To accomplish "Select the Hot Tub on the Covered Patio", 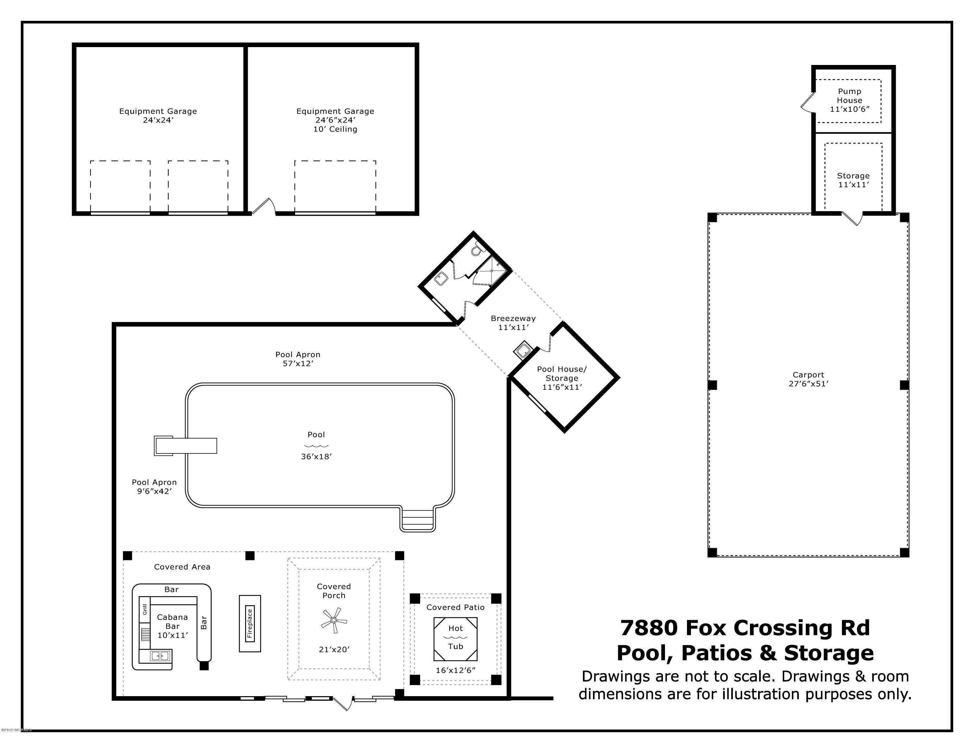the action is click(x=455, y=639).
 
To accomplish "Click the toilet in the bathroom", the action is click(x=477, y=249).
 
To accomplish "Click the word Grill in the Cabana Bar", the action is click(x=145, y=609).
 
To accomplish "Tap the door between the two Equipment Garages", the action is click(x=264, y=207).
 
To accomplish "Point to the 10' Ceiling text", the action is click(x=335, y=129).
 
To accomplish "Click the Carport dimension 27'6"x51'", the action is click(x=808, y=384).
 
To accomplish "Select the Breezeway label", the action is click(x=513, y=318).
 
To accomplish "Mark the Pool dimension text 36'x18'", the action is click(x=317, y=456).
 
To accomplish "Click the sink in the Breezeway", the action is click(x=523, y=350).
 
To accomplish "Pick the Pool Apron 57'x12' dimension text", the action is click(x=298, y=364).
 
